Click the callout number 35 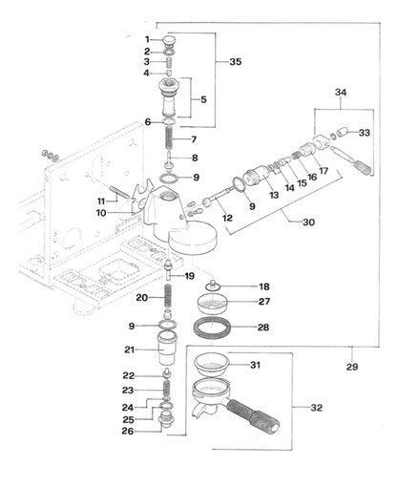[236, 61]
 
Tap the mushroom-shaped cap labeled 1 [169, 41]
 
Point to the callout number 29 [352, 367]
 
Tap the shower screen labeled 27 [212, 304]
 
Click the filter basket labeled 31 [211, 365]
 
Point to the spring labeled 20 [168, 295]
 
